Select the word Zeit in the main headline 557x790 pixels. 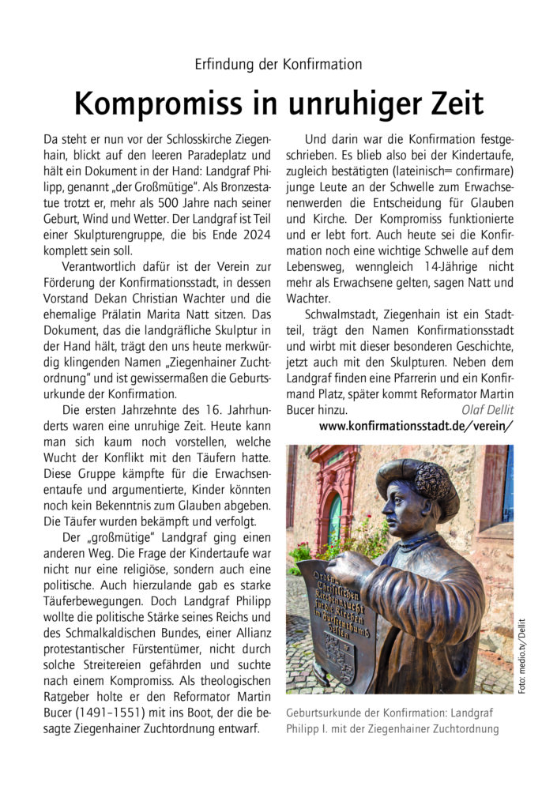click(x=446, y=103)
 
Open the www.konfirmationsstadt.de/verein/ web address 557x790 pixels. click(x=416, y=426)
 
